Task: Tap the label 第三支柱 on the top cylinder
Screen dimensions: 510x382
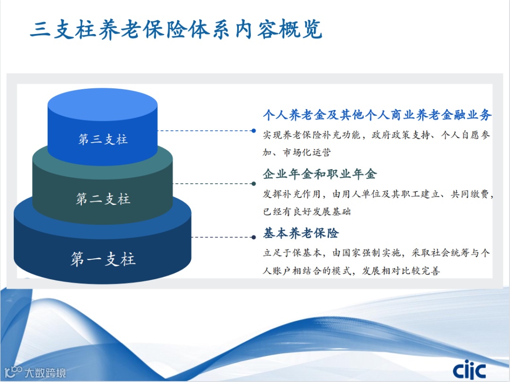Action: coord(102,139)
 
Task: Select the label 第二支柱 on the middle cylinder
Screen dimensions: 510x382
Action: coord(102,199)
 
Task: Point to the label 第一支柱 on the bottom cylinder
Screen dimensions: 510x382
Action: coord(102,259)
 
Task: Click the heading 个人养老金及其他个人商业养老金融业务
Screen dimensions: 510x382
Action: coord(377,115)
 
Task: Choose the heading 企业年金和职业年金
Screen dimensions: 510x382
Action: coord(320,174)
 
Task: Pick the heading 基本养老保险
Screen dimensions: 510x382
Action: coord(301,233)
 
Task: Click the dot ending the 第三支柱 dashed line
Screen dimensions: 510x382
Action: coord(254,131)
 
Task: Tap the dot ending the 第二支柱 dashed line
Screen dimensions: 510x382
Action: coord(254,183)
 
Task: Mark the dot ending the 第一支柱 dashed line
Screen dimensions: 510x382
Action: coord(254,237)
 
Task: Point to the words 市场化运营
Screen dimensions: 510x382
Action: coord(306,152)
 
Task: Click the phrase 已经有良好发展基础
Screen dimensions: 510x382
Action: coord(307,212)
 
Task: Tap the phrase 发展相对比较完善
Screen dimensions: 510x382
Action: coord(401,271)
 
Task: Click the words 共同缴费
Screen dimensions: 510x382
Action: coord(469,195)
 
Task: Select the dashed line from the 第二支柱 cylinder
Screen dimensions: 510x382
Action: coord(213,183)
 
